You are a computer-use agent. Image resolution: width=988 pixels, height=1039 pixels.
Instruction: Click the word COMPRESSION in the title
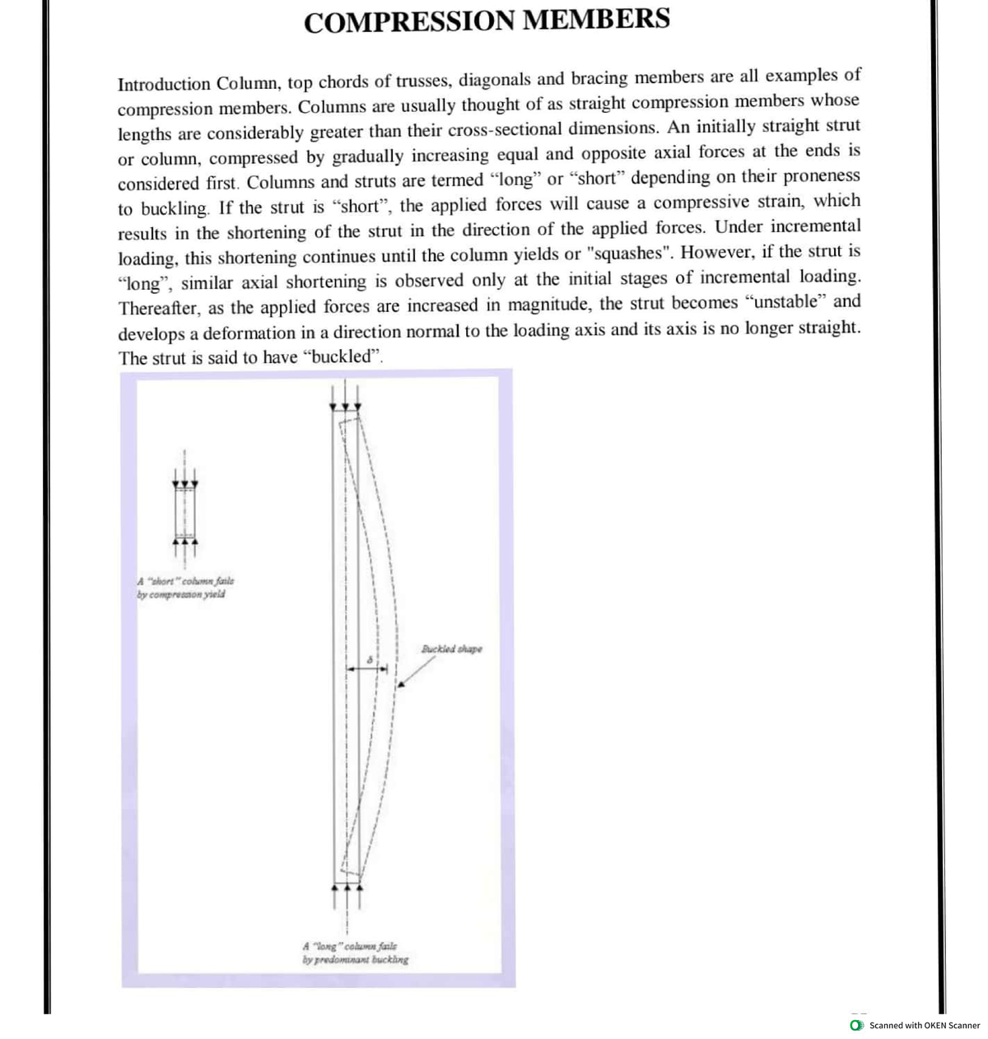coord(409,20)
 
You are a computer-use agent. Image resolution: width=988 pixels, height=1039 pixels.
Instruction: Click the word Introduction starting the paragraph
coord(164,84)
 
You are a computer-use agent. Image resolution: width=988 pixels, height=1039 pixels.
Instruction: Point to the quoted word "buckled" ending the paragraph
coord(343,357)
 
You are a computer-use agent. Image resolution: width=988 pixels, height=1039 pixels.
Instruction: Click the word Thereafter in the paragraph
coord(160,308)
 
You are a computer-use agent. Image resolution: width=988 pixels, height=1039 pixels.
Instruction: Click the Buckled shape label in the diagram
coord(452,649)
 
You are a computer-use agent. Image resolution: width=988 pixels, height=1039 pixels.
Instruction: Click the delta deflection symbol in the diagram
coord(370,660)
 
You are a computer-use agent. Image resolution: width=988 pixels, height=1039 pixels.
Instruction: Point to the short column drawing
coord(185,512)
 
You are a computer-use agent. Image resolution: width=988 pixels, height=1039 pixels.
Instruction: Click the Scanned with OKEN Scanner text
coord(925,1025)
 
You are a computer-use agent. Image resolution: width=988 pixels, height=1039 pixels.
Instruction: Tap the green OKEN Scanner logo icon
coord(856,1025)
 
